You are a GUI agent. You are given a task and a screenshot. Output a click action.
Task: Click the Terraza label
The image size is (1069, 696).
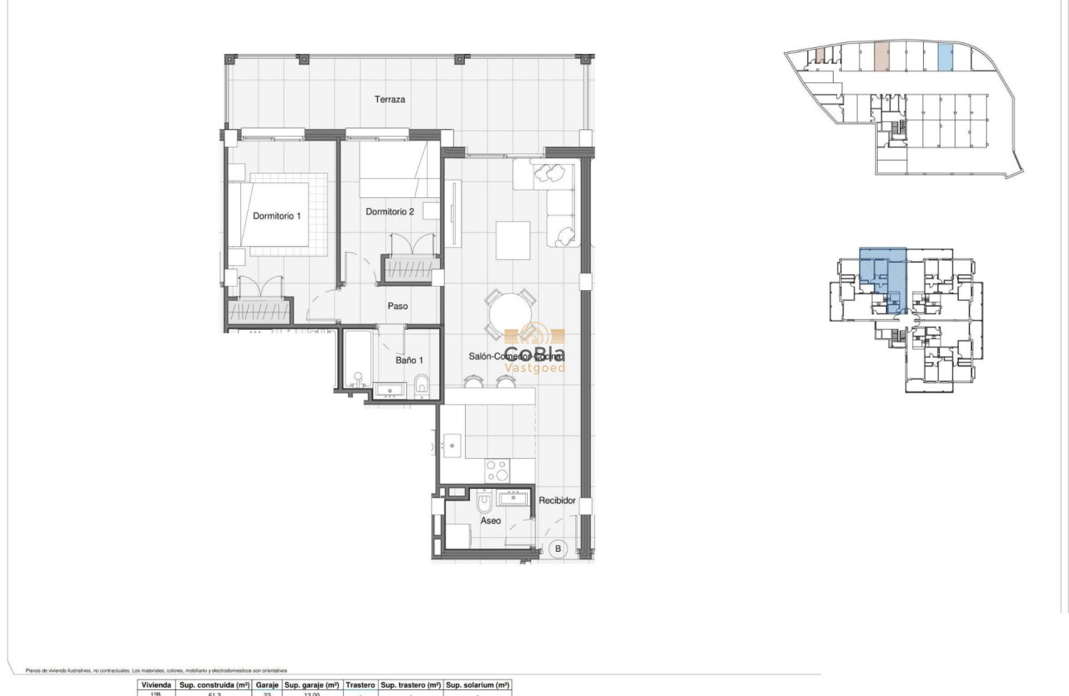(x=389, y=99)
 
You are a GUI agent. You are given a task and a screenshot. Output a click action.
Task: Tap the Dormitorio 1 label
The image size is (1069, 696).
(x=277, y=216)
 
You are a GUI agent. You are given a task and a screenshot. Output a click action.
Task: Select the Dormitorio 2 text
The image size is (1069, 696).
(x=389, y=212)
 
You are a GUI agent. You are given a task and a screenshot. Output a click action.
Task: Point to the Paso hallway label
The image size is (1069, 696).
(x=398, y=306)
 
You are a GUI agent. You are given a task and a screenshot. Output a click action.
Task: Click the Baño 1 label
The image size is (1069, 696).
(x=409, y=360)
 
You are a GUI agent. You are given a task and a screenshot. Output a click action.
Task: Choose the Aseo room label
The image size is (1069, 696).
(x=491, y=521)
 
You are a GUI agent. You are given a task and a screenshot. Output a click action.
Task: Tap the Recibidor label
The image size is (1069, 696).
(x=557, y=500)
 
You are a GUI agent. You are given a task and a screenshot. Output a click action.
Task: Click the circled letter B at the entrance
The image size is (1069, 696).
(x=558, y=549)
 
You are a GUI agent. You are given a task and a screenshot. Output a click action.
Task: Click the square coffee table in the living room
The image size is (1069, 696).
(x=513, y=240)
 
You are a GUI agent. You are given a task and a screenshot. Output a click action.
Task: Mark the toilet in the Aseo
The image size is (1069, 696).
(x=485, y=502)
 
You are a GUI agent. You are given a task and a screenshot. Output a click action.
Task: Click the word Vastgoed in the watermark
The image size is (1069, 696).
(x=535, y=367)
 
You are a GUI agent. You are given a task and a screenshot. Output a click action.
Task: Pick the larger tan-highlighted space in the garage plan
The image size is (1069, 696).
(x=882, y=56)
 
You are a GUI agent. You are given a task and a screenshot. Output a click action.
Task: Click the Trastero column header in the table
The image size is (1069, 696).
(x=360, y=685)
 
